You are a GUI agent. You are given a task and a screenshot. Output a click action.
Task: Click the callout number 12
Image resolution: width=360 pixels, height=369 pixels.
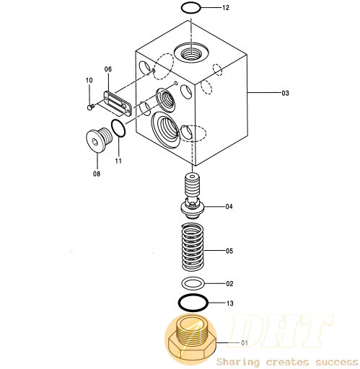(x=226, y=8)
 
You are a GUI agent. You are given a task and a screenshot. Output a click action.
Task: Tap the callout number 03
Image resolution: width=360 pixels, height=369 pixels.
(x=285, y=93)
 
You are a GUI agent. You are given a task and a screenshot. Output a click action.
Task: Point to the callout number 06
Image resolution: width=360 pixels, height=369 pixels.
(x=108, y=69)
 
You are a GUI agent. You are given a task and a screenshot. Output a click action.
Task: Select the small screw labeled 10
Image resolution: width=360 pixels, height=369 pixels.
(x=91, y=107)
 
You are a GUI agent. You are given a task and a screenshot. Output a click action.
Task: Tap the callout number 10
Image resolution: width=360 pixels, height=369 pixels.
(x=89, y=80)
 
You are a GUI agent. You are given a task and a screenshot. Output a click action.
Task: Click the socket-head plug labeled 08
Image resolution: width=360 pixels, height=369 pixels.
(x=99, y=140)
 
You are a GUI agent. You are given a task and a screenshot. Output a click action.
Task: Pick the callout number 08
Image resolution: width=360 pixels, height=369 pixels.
(x=97, y=174)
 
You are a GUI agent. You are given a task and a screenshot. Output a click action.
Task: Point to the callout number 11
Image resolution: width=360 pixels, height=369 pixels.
(x=118, y=161)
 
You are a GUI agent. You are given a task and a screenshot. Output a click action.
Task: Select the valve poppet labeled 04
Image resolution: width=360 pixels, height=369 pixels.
(x=193, y=196)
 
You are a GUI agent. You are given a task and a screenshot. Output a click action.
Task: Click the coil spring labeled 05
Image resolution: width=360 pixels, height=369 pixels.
(x=193, y=246)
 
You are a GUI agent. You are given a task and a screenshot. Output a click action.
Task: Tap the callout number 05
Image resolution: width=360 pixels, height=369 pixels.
(x=229, y=251)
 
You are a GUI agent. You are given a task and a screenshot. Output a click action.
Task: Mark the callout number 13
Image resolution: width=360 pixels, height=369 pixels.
(x=230, y=303)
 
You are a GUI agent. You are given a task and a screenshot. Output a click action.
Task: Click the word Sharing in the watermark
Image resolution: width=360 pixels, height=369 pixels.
(x=238, y=362)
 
